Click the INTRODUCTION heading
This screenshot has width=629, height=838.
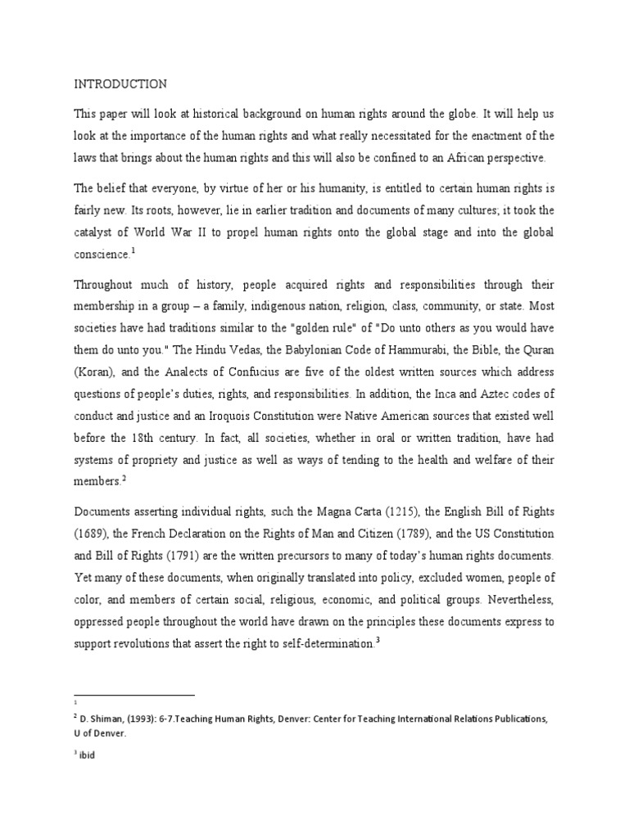click(x=120, y=83)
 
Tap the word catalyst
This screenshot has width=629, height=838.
click(x=96, y=232)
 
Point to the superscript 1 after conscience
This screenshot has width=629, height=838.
click(x=133, y=251)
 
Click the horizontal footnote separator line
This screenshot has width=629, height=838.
click(x=134, y=694)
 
